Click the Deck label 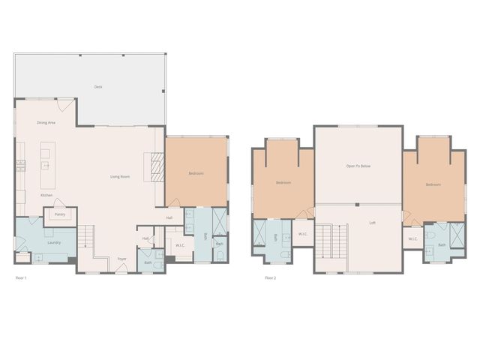pyautogui.click(x=98, y=87)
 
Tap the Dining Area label pyautogui.click(x=46, y=122)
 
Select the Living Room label pyautogui.click(x=121, y=177)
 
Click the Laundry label pyautogui.click(x=53, y=242)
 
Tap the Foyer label pyautogui.click(x=121, y=259)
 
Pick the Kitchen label pyautogui.click(x=46, y=196)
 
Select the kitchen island pyautogui.click(x=45, y=166)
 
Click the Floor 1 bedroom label pyautogui.click(x=196, y=173)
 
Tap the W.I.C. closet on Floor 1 pyautogui.click(x=180, y=245)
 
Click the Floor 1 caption pyautogui.click(x=21, y=278)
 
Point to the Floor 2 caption pyautogui.click(x=270, y=278)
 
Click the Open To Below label pyautogui.click(x=358, y=166)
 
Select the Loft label pyautogui.click(x=372, y=223)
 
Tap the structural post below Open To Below pyautogui.click(x=358, y=205)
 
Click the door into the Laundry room pyautogui.click(x=33, y=223)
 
